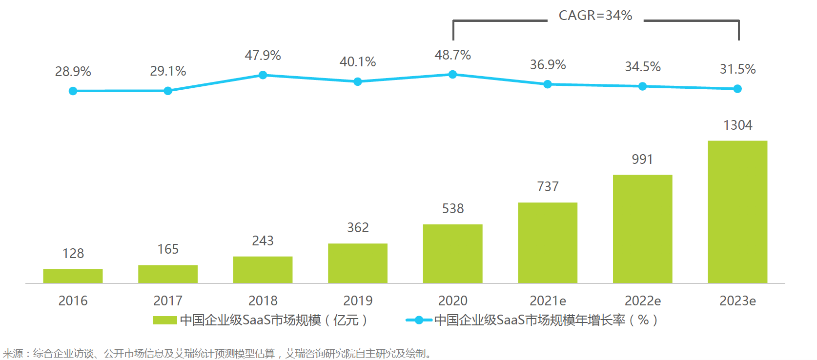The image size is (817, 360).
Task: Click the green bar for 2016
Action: (x=73, y=276)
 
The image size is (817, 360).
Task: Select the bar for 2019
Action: (x=358, y=263)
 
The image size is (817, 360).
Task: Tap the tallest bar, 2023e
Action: (x=737, y=212)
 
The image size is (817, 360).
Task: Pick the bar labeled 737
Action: (x=548, y=243)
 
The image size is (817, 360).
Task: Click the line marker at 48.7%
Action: (x=452, y=75)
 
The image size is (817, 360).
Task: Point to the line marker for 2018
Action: (x=263, y=75)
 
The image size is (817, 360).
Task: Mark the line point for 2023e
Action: (x=737, y=89)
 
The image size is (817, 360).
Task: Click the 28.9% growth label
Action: (x=73, y=72)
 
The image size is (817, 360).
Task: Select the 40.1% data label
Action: (x=358, y=62)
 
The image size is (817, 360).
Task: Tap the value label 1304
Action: (x=737, y=125)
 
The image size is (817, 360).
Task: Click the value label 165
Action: (x=168, y=249)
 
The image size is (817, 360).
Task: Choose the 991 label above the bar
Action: (x=642, y=160)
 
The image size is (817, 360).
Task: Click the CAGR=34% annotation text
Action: (x=595, y=16)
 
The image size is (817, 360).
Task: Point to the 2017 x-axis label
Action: (x=168, y=300)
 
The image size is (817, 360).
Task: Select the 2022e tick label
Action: (x=642, y=300)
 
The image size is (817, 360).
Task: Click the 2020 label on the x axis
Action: (x=452, y=300)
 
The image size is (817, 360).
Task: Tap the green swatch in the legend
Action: (x=164, y=320)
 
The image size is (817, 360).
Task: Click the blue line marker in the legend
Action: (x=419, y=320)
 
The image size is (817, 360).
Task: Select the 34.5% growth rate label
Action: (x=642, y=67)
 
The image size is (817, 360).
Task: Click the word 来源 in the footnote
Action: (x=13, y=353)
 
